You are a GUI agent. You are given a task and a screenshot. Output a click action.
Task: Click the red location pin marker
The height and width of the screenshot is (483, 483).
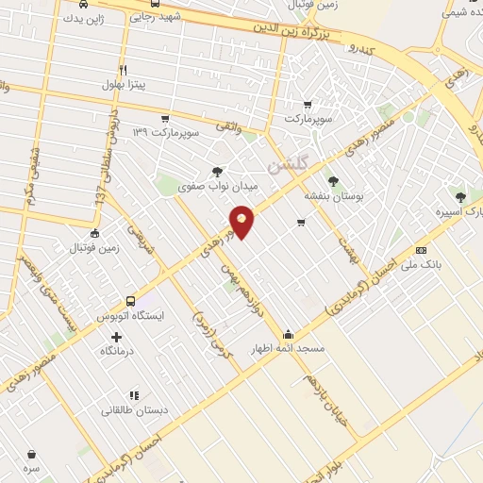pos(242,221)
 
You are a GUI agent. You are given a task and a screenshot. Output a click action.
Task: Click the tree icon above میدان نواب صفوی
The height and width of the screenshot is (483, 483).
pos(218,172)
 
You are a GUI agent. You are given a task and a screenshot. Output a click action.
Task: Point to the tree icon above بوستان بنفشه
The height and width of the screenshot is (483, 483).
pos(332,180)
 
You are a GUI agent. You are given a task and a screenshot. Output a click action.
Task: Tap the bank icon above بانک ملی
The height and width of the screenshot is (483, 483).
pos(420,250)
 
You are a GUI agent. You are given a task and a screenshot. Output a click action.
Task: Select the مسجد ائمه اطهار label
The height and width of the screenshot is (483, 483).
pos(286,348)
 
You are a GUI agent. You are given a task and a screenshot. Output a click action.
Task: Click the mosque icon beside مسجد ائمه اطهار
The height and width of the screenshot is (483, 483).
pos(288,332)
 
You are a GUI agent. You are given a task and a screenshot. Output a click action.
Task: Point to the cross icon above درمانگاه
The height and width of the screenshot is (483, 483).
pos(116,336)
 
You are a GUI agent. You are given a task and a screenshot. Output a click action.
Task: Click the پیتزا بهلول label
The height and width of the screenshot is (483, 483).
pos(127,85)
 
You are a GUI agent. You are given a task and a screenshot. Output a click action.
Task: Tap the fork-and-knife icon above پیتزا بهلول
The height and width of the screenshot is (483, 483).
pos(123,70)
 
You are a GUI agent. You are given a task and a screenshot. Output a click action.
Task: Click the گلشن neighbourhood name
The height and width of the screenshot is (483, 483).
pos(288,165)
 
